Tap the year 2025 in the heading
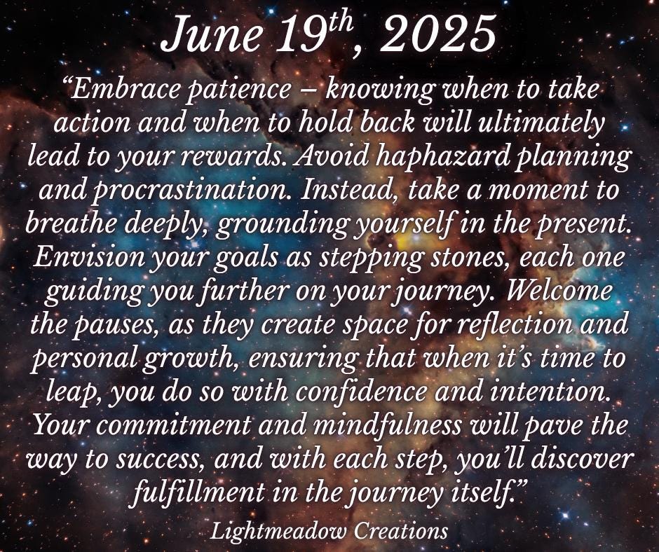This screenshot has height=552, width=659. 437,34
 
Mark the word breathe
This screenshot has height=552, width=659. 69,224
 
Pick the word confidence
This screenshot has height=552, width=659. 362,391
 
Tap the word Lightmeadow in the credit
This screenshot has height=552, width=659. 278,531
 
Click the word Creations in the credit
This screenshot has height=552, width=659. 400,530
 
